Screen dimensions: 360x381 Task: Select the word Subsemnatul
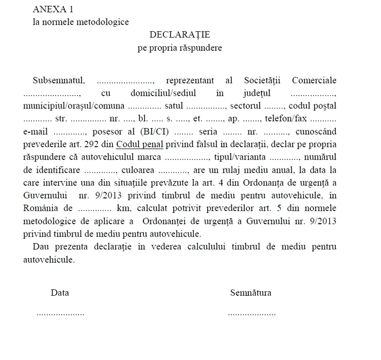click(55, 81)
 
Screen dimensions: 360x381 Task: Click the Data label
click(60, 293)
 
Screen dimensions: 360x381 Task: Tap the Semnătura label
click(251, 293)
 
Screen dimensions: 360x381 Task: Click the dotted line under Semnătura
click(251, 313)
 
